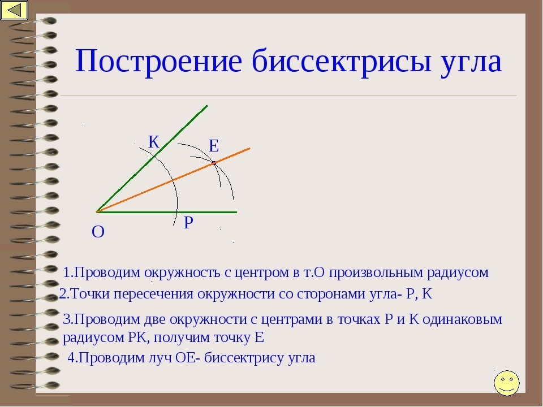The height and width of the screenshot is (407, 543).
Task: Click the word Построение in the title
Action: point(158,61)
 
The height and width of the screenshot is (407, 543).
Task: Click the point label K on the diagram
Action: point(154,142)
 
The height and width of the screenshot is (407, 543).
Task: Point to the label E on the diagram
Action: point(214,146)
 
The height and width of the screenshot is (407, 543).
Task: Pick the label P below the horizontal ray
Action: point(188,223)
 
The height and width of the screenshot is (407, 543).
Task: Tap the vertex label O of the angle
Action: point(98,232)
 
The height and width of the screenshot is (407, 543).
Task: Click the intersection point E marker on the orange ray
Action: point(214,163)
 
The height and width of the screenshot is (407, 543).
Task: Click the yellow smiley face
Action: point(507,383)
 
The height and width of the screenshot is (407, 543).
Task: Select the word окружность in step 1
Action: point(182,272)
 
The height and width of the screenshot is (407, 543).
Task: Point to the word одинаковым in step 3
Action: point(462,319)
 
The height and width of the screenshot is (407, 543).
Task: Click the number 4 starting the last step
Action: point(71,357)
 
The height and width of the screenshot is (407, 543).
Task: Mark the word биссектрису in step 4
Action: point(244,357)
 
